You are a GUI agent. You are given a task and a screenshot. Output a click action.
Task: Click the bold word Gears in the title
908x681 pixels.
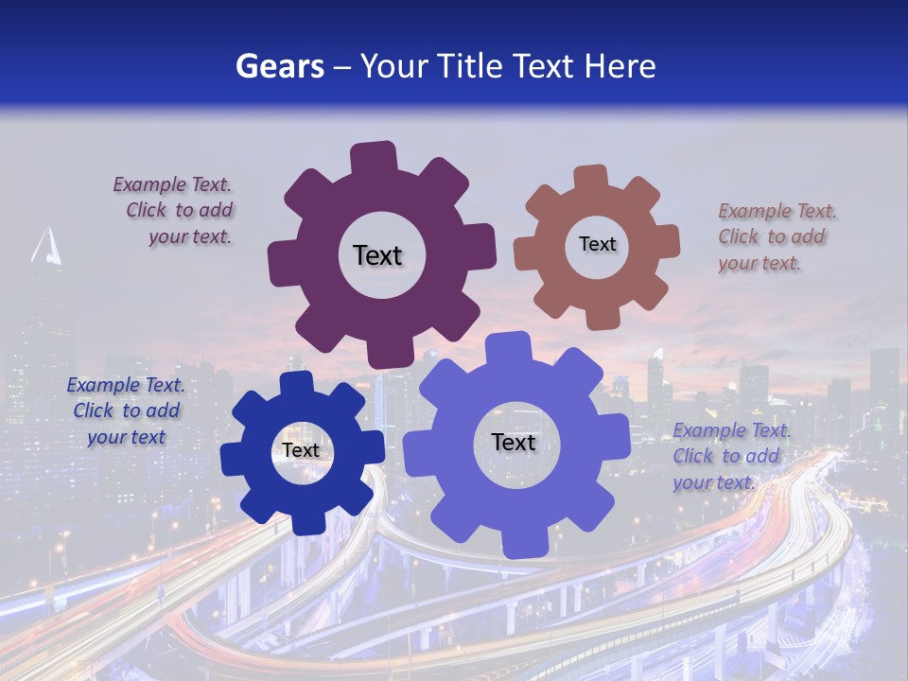pos(279,66)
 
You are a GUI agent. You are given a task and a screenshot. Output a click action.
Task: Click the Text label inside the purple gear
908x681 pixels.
pos(377,255)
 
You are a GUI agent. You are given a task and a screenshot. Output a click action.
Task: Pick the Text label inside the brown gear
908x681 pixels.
pos(597,244)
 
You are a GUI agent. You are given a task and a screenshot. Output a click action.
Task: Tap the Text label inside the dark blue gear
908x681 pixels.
pos(301,450)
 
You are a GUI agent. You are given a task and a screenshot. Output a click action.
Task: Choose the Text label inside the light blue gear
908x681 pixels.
pos(514,442)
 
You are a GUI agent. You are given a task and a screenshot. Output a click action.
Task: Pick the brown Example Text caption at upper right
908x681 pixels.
pos(776,236)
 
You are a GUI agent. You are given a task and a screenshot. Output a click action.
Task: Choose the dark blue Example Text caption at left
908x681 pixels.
pos(126,410)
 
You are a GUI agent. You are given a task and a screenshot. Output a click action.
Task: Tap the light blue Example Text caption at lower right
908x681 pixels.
pos(730,456)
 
